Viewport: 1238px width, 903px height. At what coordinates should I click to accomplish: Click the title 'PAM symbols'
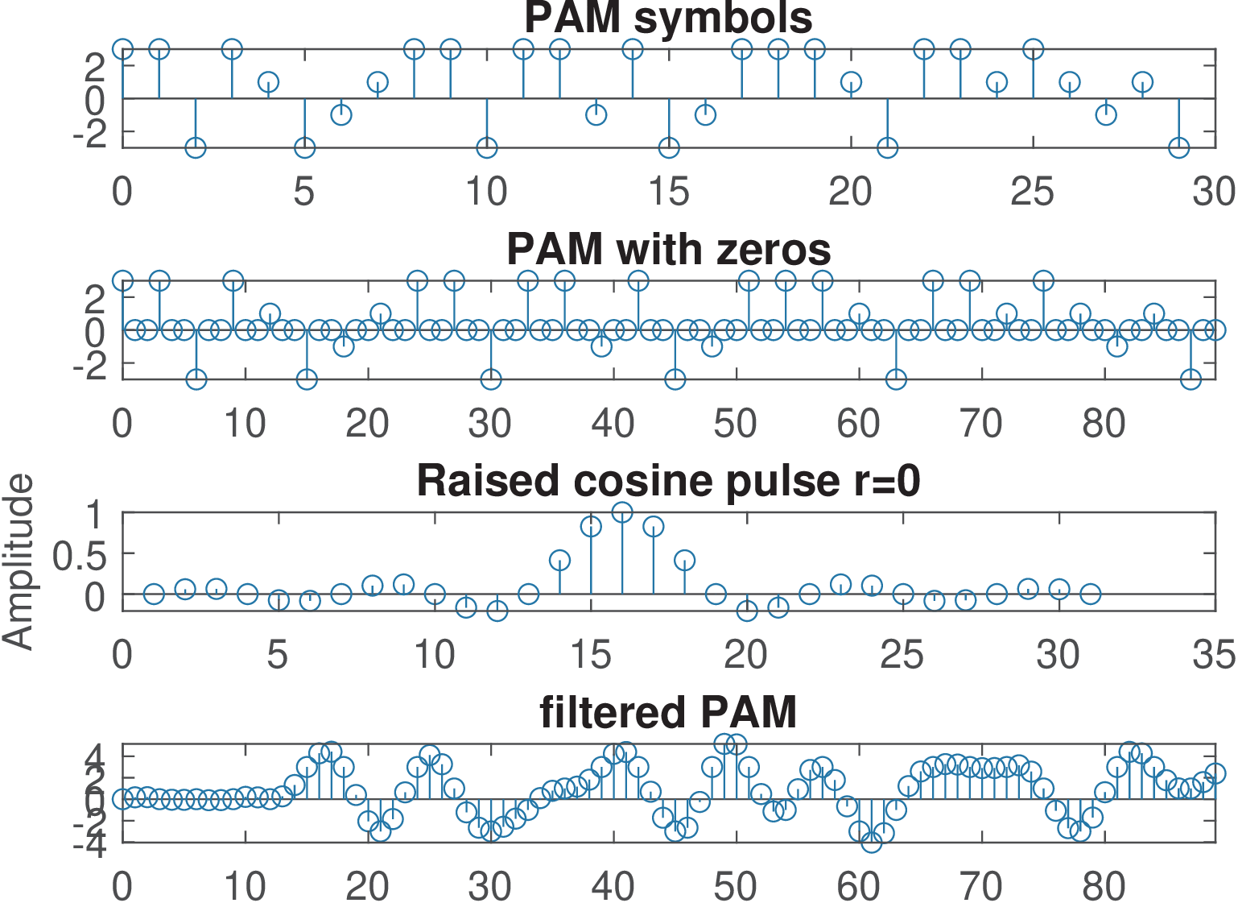click(x=668, y=18)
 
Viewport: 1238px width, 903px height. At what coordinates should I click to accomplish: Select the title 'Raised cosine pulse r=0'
click(x=668, y=481)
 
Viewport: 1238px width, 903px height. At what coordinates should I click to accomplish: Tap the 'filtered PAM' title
click(x=668, y=712)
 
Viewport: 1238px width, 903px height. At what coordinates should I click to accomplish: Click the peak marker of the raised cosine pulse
click(x=622, y=512)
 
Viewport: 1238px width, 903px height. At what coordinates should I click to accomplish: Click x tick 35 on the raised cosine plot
click(x=1214, y=655)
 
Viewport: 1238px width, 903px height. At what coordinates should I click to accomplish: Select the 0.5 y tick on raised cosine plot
click(x=79, y=556)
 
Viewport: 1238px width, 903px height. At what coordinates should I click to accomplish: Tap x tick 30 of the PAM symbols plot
click(x=1214, y=192)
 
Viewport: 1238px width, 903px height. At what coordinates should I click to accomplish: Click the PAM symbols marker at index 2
click(x=196, y=147)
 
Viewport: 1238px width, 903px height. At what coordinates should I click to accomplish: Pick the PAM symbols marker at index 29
click(x=1178, y=147)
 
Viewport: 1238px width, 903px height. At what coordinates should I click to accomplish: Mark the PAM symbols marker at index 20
click(x=851, y=82)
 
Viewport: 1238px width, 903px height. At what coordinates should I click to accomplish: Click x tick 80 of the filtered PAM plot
click(x=1104, y=886)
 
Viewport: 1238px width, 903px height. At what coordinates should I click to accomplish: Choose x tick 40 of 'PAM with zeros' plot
click(x=613, y=424)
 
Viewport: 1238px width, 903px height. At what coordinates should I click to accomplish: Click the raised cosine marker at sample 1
click(x=154, y=594)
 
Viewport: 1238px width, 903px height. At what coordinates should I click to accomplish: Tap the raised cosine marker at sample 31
click(x=1090, y=594)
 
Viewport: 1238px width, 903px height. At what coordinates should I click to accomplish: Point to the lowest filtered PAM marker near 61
click(x=871, y=842)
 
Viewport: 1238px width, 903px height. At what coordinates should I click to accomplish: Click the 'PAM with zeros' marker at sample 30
click(x=491, y=379)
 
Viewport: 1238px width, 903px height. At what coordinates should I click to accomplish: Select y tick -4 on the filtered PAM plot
click(x=90, y=845)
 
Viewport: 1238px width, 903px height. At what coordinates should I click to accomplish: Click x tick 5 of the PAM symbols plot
click(x=304, y=192)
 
